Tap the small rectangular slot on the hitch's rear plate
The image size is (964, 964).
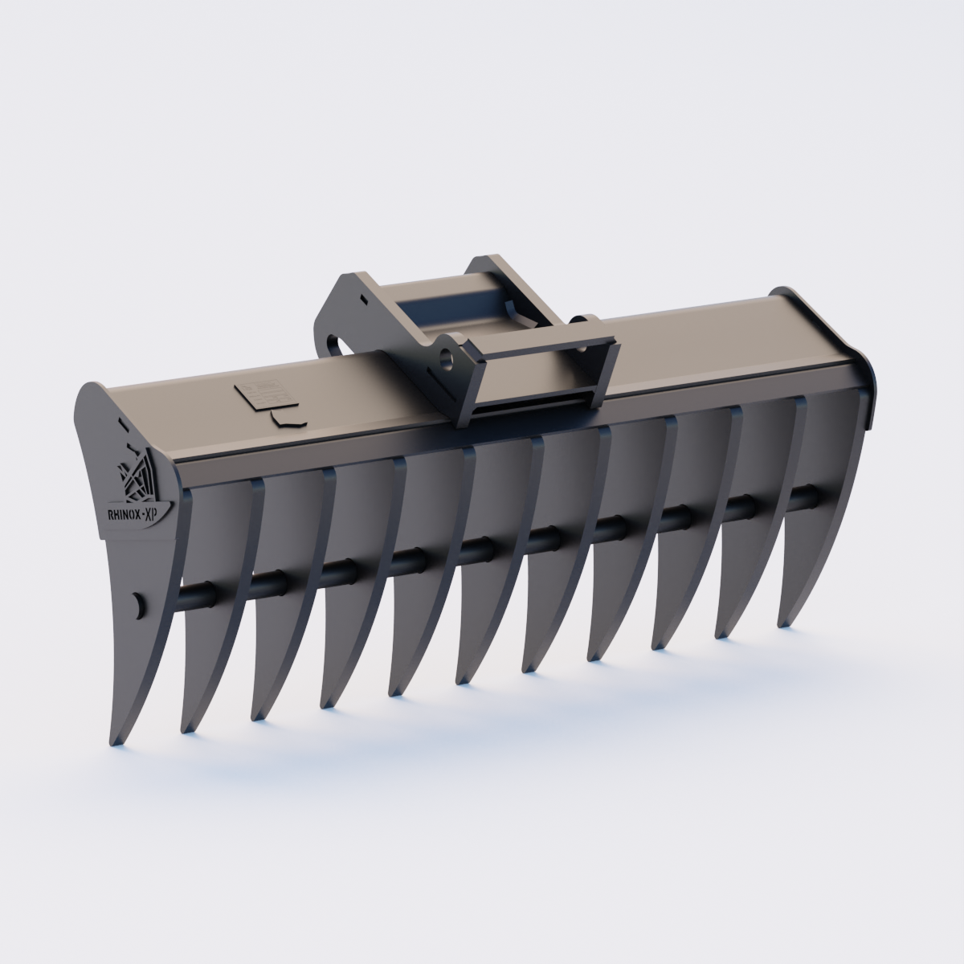363,298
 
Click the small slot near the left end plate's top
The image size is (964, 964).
120,420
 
